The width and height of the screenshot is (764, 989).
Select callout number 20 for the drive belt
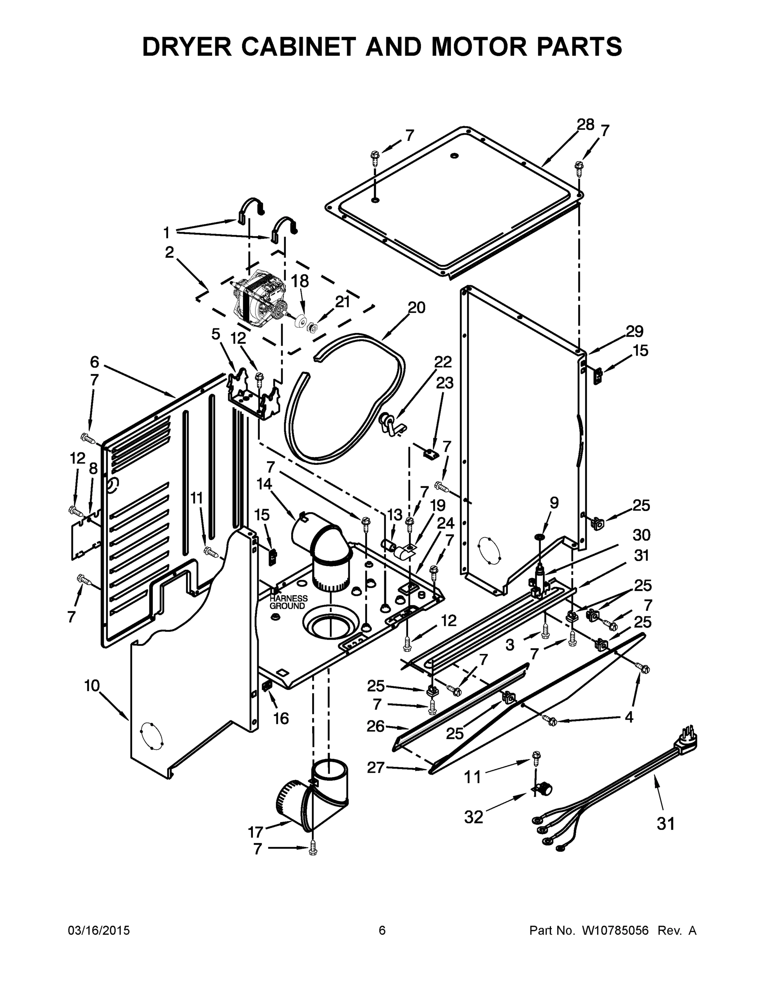416,308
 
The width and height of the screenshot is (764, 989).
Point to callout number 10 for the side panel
92,686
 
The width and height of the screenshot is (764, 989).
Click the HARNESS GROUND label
288,602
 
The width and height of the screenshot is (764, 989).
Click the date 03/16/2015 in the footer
99,930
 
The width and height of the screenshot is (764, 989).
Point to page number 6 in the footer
382,930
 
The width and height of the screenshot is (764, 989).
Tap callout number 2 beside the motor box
169,252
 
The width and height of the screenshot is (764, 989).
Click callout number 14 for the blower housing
264,484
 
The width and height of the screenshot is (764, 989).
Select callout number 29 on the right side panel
635,331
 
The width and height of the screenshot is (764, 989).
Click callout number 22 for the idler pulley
443,362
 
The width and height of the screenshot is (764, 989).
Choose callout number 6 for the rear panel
94,362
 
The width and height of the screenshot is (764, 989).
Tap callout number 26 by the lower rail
376,727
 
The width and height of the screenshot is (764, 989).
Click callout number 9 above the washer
554,503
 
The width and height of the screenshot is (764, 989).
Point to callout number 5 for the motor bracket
216,334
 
